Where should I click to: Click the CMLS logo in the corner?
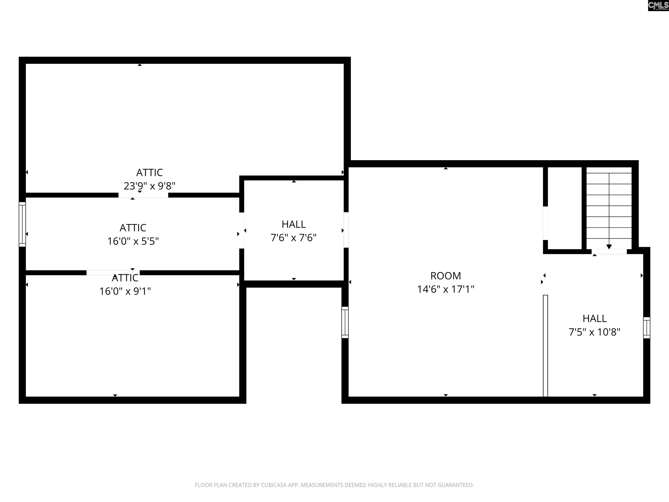pos(658,5)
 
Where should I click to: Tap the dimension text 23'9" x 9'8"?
pos(149,186)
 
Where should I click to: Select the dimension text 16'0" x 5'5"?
pos(133,241)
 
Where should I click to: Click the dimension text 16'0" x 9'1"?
pos(125,291)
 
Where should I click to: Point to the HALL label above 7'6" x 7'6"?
pos(294,224)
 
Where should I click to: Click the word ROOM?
pos(446,276)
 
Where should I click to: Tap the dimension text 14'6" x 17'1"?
pos(446,289)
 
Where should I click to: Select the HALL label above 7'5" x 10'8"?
pos(595,318)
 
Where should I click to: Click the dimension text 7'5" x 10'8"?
pos(595,332)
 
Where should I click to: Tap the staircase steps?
pos(609,206)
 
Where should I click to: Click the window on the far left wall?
pos(22,224)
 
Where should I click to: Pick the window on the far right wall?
pos(647,328)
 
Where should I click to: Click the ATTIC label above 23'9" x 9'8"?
pos(149,173)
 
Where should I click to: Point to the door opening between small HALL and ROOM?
pos(346,230)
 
